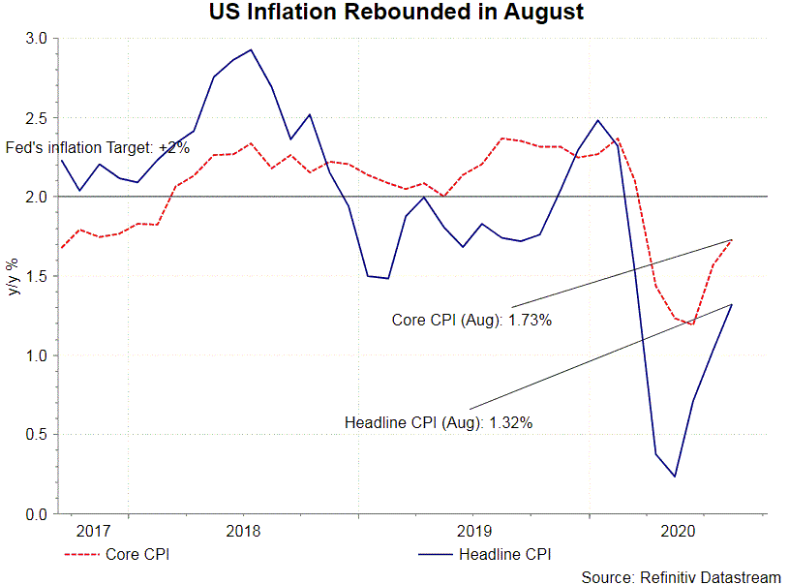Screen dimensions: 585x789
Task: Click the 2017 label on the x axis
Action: [x=93, y=531]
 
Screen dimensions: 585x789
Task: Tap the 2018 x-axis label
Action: [x=243, y=531]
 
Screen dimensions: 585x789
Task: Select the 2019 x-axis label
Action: [x=473, y=531]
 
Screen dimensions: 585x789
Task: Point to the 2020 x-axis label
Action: [x=677, y=531]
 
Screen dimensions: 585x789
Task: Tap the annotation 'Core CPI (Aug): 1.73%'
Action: [x=471, y=320]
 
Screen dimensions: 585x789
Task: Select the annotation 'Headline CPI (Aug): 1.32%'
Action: [x=439, y=422]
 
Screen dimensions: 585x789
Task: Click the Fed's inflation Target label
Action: [x=98, y=148]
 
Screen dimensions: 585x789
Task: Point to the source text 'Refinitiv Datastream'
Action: [x=681, y=577]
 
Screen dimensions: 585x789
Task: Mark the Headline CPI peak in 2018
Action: [x=251, y=49]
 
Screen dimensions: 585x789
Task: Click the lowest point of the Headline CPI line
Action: [x=675, y=477]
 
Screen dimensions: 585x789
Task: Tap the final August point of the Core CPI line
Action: [x=732, y=239]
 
